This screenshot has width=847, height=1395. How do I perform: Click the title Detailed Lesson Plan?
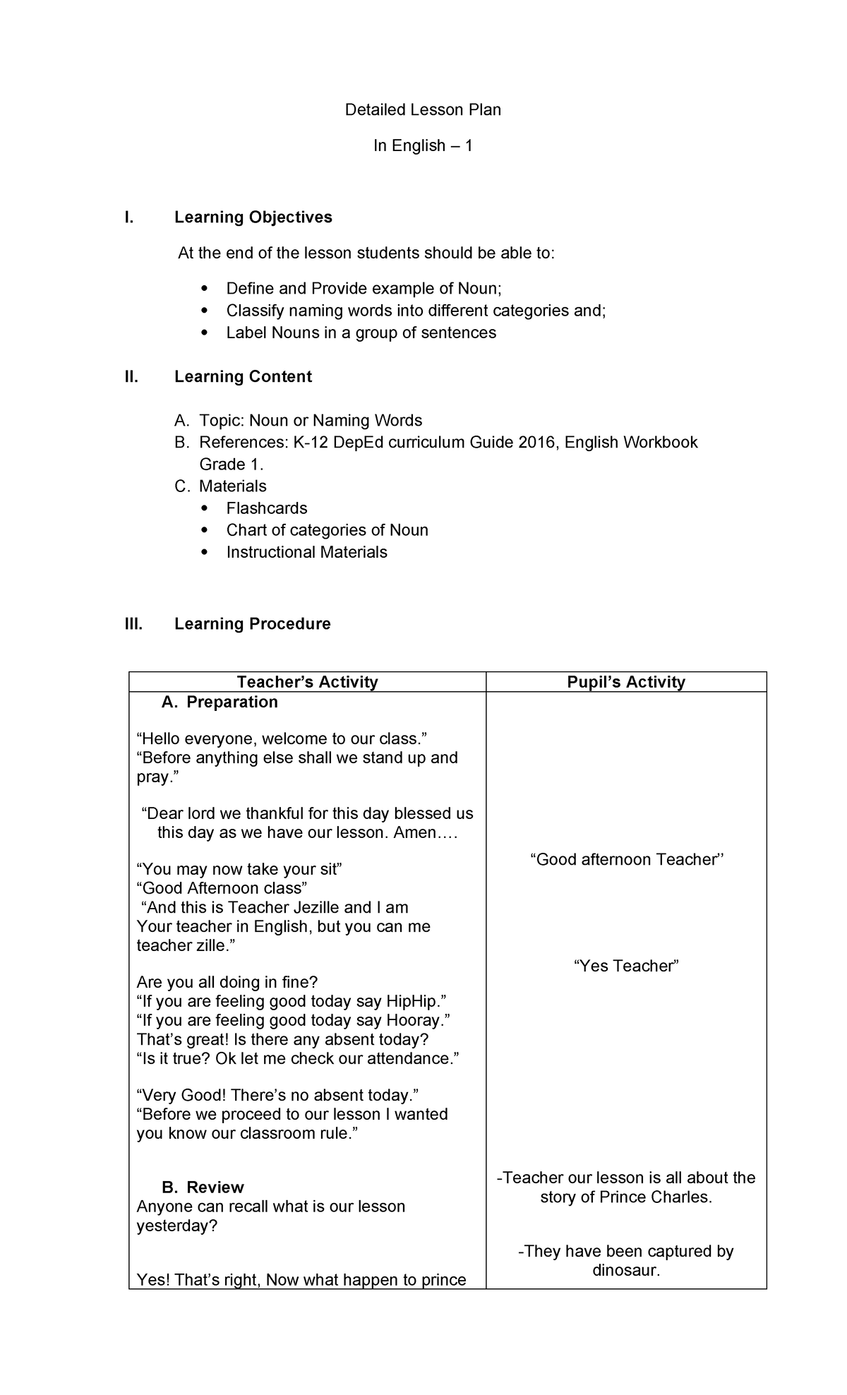tap(423, 109)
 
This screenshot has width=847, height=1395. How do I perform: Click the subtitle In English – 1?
tap(423, 145)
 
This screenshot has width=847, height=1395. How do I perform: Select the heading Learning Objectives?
tap(253, 217)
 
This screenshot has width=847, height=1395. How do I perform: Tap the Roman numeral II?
tap(131, 377)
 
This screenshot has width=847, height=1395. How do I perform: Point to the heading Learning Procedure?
tap(252, 624)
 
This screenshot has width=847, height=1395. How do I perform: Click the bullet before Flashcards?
tap(205, 508)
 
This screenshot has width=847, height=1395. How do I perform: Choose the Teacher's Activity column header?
tap(307, 682)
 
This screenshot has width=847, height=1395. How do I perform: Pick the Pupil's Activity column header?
tap(626, 682)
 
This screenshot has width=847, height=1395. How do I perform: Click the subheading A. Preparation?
tap(219, 702)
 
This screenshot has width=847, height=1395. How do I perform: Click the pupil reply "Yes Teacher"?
tap(626, 966)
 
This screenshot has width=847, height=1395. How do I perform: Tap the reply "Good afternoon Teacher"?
tap(626, 860)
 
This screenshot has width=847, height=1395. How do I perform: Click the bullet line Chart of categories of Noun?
tap(327, 530)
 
